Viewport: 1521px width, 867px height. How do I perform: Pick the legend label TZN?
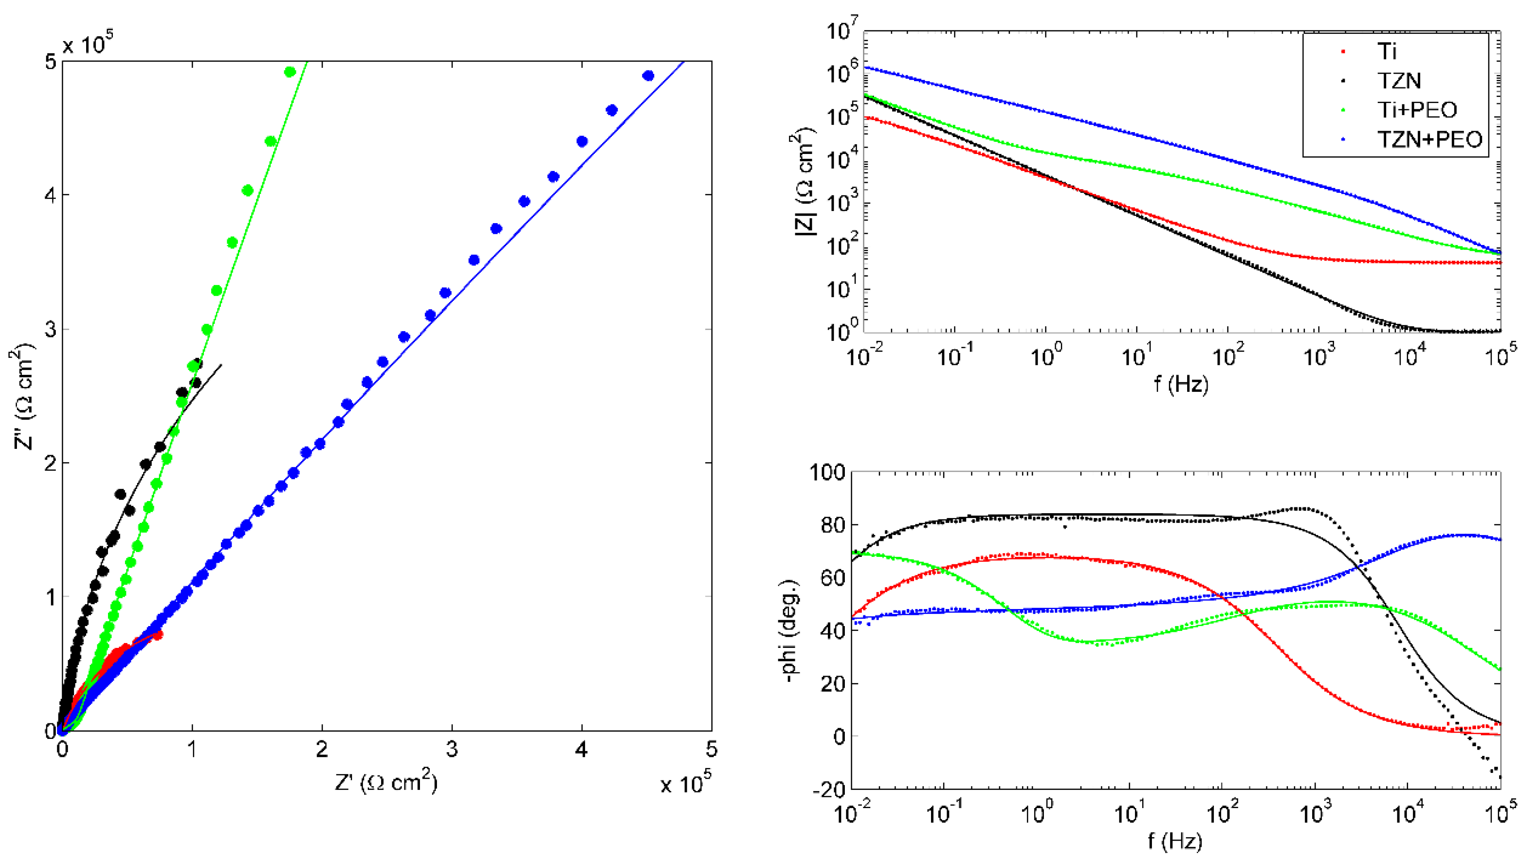point(1399,80)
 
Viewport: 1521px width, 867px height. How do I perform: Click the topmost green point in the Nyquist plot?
point(290,72)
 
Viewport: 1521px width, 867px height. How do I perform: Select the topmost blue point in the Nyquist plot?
point(648,75)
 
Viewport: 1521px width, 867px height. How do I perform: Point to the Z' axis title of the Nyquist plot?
point(386,781)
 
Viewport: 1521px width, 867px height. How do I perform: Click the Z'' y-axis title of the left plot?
point(23,399)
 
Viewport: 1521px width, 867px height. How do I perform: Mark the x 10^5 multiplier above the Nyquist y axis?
point(87,43)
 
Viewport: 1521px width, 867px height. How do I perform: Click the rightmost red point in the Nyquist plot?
point(158,635)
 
